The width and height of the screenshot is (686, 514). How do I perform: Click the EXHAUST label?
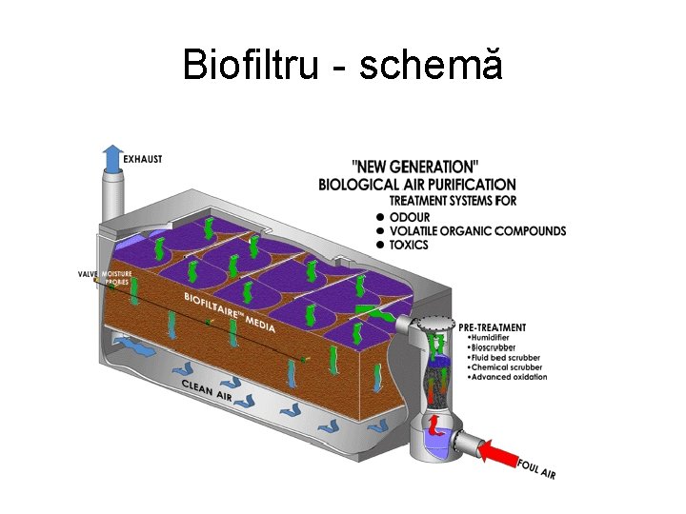[143, 159]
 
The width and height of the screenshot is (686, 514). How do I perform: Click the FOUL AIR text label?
[536, 468]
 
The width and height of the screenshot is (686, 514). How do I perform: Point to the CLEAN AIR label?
[207, 389]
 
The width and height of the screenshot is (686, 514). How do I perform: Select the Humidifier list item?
[491, 339]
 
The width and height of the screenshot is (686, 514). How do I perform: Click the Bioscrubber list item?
[493, 348]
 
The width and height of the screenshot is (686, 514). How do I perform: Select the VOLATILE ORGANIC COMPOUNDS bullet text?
[477, 230]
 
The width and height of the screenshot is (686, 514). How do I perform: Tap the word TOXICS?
[409, 245]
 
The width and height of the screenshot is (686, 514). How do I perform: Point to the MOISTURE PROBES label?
[117, 278]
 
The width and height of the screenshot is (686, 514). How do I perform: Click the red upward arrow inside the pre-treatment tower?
[433, 424]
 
